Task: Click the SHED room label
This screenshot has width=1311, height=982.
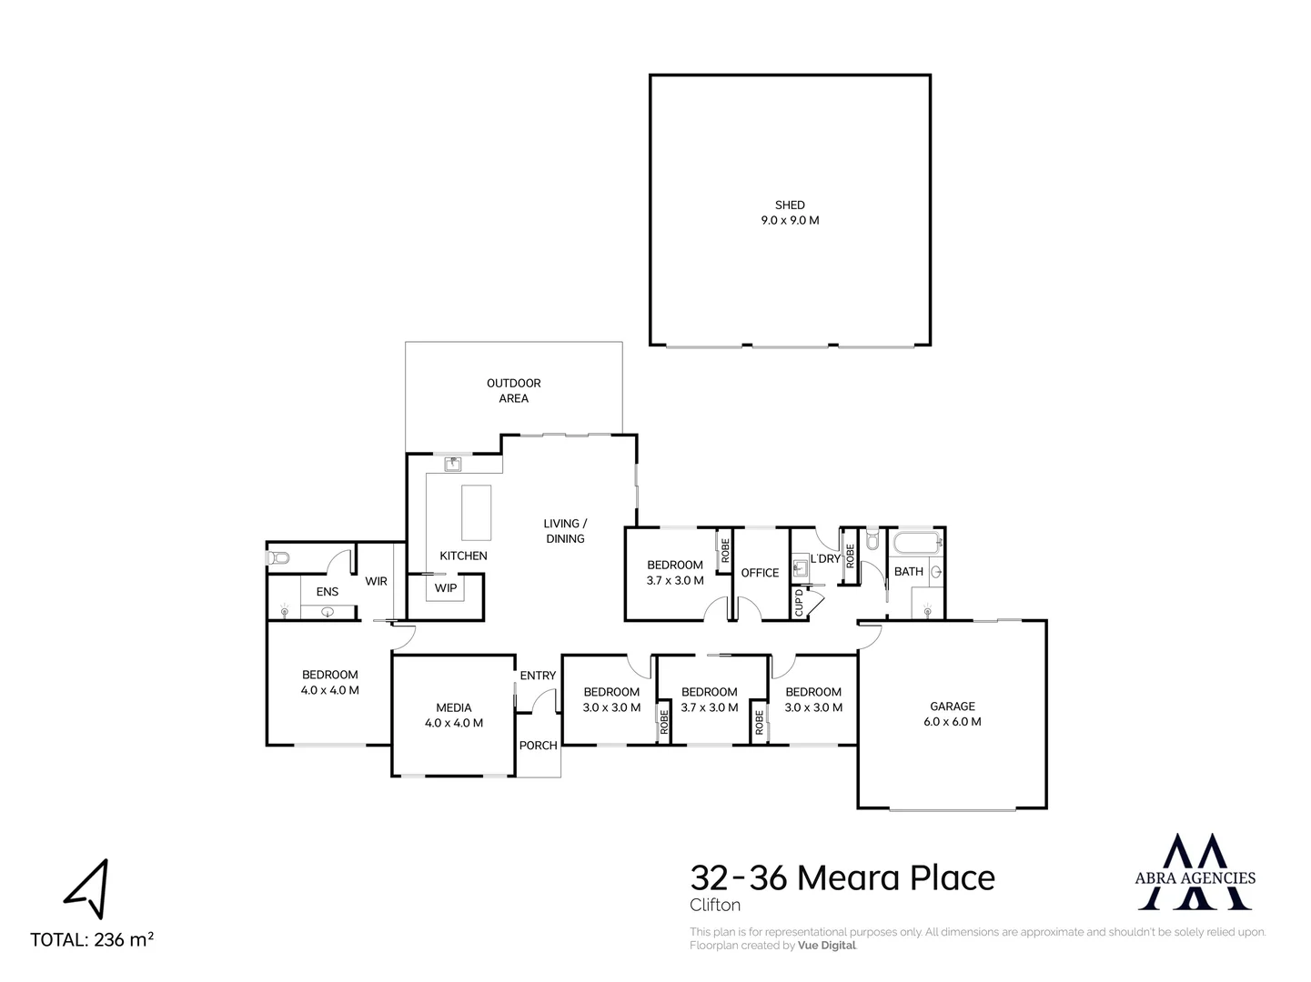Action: pyautogui.click(x=790, y=205)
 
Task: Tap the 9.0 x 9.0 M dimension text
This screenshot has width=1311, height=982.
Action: pyautogui.click(x=790, y=220)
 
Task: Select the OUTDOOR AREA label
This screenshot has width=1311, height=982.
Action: pyautogui.click(x=514, y=390)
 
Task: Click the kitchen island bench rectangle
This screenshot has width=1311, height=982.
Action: pyautogui.click(x=476, y=512)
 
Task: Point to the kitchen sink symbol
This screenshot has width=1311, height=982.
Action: pyautogui.click(x=453, y=464)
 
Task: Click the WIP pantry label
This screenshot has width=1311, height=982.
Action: pyautogui.click(x=446, y=588)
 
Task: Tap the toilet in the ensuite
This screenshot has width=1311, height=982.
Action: pyautogui.click(x=277, y=558)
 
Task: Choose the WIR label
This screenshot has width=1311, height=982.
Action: pyautogui.click(x=377, y=581)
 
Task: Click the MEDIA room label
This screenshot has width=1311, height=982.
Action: pyautogui.click(x=454, y=707)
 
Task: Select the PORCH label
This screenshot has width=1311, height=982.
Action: pyautogui.click(x=538, y=745)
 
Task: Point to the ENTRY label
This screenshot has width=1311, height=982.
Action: pyautogui.click(x=538, y=676)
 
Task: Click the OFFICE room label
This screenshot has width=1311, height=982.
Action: pyautogui.click(x=760, y=573)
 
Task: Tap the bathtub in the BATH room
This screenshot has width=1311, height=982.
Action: pyautogui.click(x=918, y=544)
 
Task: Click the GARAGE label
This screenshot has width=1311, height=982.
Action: pyautogui.click(x=952, y=706)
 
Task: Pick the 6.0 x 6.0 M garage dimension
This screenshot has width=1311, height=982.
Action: pyautogui.click(x=952, y=721)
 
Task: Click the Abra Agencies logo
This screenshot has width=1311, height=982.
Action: pyautogui.click(x=1195, y=872)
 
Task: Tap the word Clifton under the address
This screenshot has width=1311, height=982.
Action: pyautogui.click(x=715, y=905)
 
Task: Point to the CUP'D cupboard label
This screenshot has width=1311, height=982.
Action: pyautogui.click(x=799, y=603)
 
